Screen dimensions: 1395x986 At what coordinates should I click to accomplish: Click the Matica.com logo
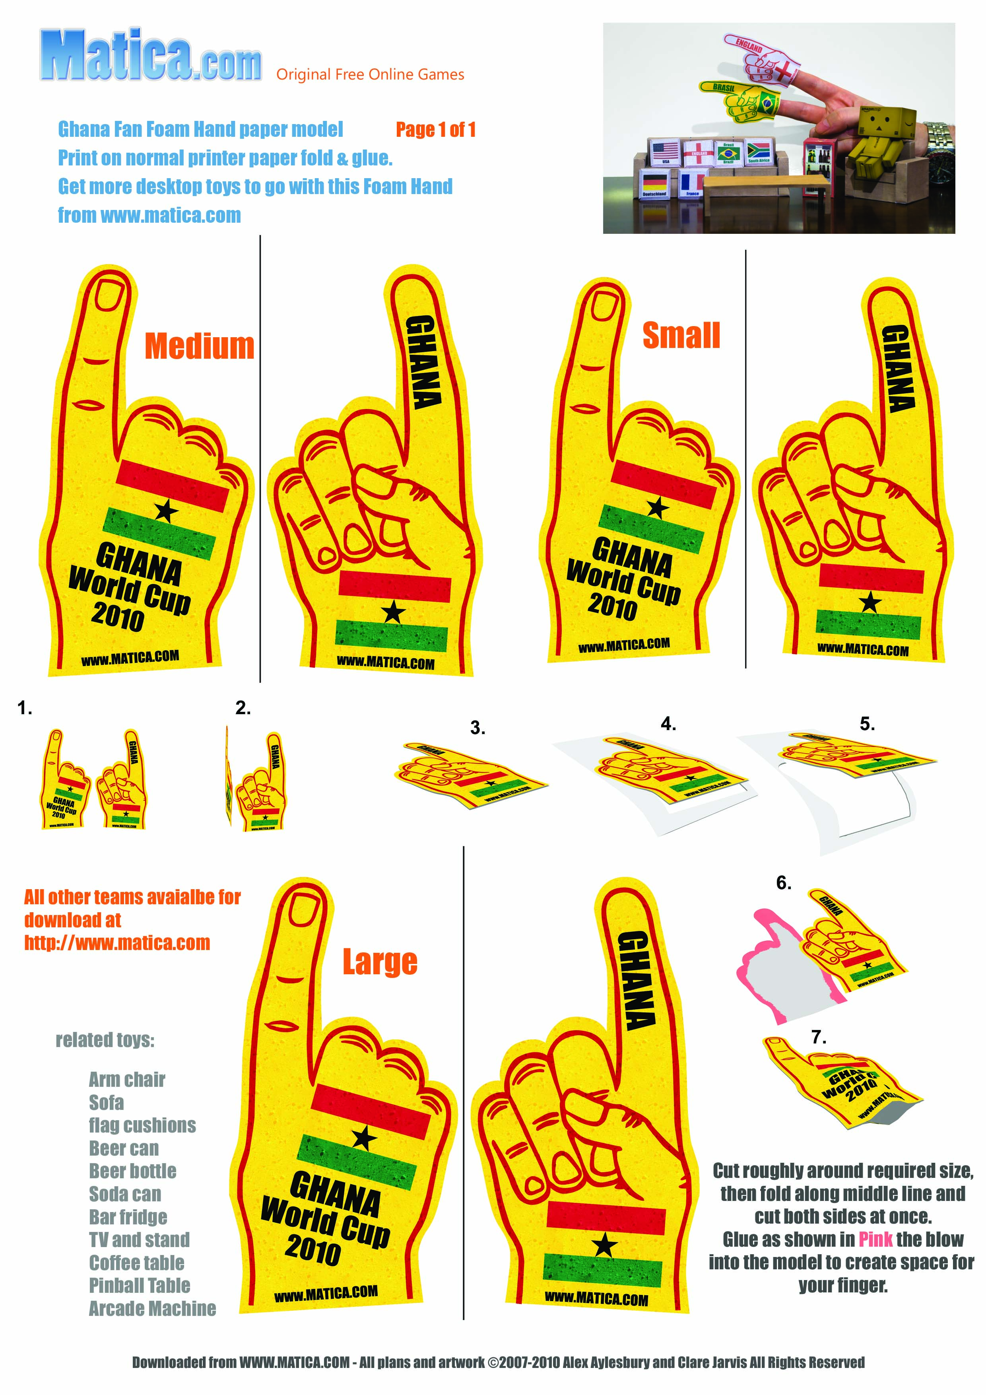tap(151, 56)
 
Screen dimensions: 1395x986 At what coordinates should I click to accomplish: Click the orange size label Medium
tap(199, 346)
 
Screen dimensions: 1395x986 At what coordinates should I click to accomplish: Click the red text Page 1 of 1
tap(436, 129)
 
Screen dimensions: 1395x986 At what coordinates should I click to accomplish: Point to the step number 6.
tap(784, 883)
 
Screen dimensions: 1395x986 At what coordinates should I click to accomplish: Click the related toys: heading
tap(105, 1040)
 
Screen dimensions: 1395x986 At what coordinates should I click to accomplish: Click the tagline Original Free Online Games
tap(370, 75)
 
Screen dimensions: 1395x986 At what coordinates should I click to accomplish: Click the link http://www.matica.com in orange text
tap(117, 943)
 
